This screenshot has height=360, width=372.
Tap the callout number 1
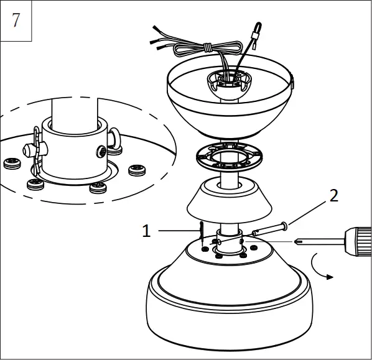click(x=146, y=231)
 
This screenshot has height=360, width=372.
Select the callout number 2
click(x=333, y=196)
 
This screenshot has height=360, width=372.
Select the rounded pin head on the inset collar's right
click(x=116, y=137)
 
